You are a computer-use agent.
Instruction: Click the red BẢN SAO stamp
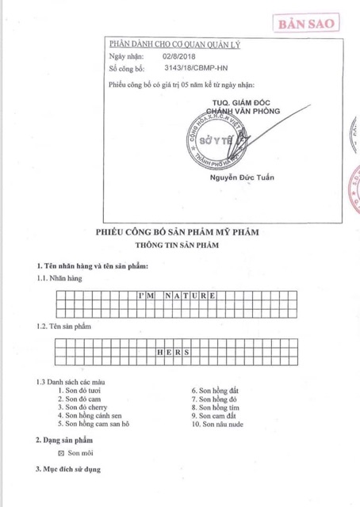[306, 24]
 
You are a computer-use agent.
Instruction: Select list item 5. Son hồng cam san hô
[94, 423]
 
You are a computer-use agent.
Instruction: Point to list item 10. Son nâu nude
[218, 423]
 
